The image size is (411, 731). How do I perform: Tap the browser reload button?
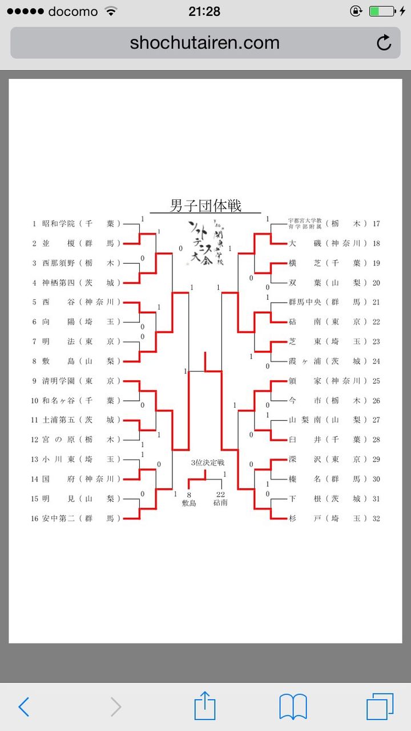point(384,43)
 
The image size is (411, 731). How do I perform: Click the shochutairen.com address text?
point(204,43)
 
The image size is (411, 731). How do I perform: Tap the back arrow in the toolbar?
point(23,707)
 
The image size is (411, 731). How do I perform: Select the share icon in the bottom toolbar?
point(205,706)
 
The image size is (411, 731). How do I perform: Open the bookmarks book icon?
point(293,707)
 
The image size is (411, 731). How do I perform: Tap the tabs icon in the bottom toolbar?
point(380,707)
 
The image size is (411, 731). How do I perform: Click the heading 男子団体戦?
point(205,206)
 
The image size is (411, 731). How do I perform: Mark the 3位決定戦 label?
point(208,463)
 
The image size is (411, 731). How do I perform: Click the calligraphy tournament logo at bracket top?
point(205,243)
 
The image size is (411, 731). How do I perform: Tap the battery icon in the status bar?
point(381,11)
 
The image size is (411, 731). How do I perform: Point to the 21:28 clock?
point(204,11)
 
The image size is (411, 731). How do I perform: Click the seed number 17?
point(376,224)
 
